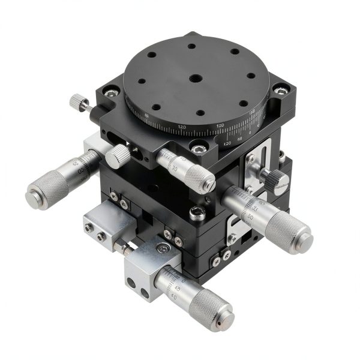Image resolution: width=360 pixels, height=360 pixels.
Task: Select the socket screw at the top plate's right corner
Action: point(278,90)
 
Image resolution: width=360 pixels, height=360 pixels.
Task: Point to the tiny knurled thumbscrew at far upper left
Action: point(76,102)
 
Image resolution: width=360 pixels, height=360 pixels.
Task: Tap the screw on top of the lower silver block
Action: point(159,247)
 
